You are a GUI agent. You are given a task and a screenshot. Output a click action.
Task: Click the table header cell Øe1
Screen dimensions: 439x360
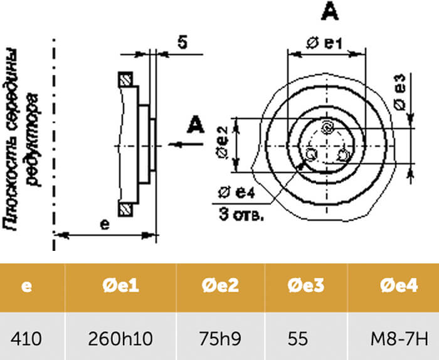(120, 287)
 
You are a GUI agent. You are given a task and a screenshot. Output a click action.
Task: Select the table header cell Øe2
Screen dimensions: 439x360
(220, 287)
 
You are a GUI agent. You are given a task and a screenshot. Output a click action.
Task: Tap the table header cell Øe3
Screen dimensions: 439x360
(306, 287)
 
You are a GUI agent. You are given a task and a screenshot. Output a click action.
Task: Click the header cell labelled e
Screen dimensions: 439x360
(26, 287)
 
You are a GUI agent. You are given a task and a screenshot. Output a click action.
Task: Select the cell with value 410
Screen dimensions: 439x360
(26, 339)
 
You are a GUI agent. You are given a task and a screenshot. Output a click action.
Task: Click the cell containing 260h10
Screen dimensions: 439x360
(121, 339)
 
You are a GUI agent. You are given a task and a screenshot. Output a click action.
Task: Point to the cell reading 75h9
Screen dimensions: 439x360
(219, 339)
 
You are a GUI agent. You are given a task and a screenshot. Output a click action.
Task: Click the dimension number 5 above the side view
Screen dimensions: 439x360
(182, 43)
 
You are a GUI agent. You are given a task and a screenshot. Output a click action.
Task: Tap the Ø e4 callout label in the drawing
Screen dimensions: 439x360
(235, 193)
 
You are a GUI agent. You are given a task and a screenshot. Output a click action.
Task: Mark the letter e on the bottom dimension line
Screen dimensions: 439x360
(105, 223)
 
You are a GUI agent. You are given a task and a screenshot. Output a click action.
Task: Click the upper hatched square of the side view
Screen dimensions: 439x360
(126, 80)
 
